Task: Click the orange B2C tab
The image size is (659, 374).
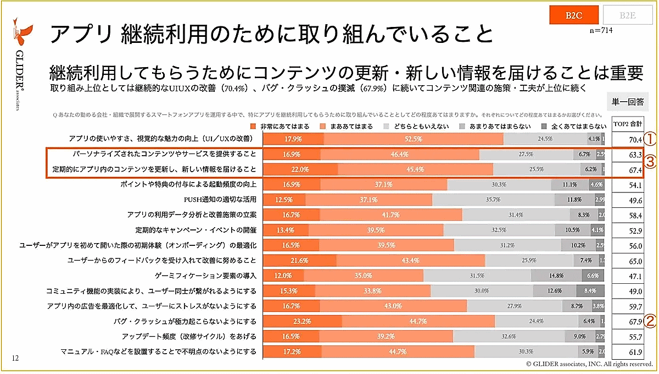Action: [x=574, y=15]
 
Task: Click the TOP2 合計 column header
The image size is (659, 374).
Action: [x=628, y=124]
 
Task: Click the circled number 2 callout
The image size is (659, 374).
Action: [x=650, y=321]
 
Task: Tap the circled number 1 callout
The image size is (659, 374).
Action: [x=650, y=139]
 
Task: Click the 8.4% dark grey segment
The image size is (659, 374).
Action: [x=590, y=290]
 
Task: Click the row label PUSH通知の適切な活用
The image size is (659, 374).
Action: [x=220, y=200]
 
